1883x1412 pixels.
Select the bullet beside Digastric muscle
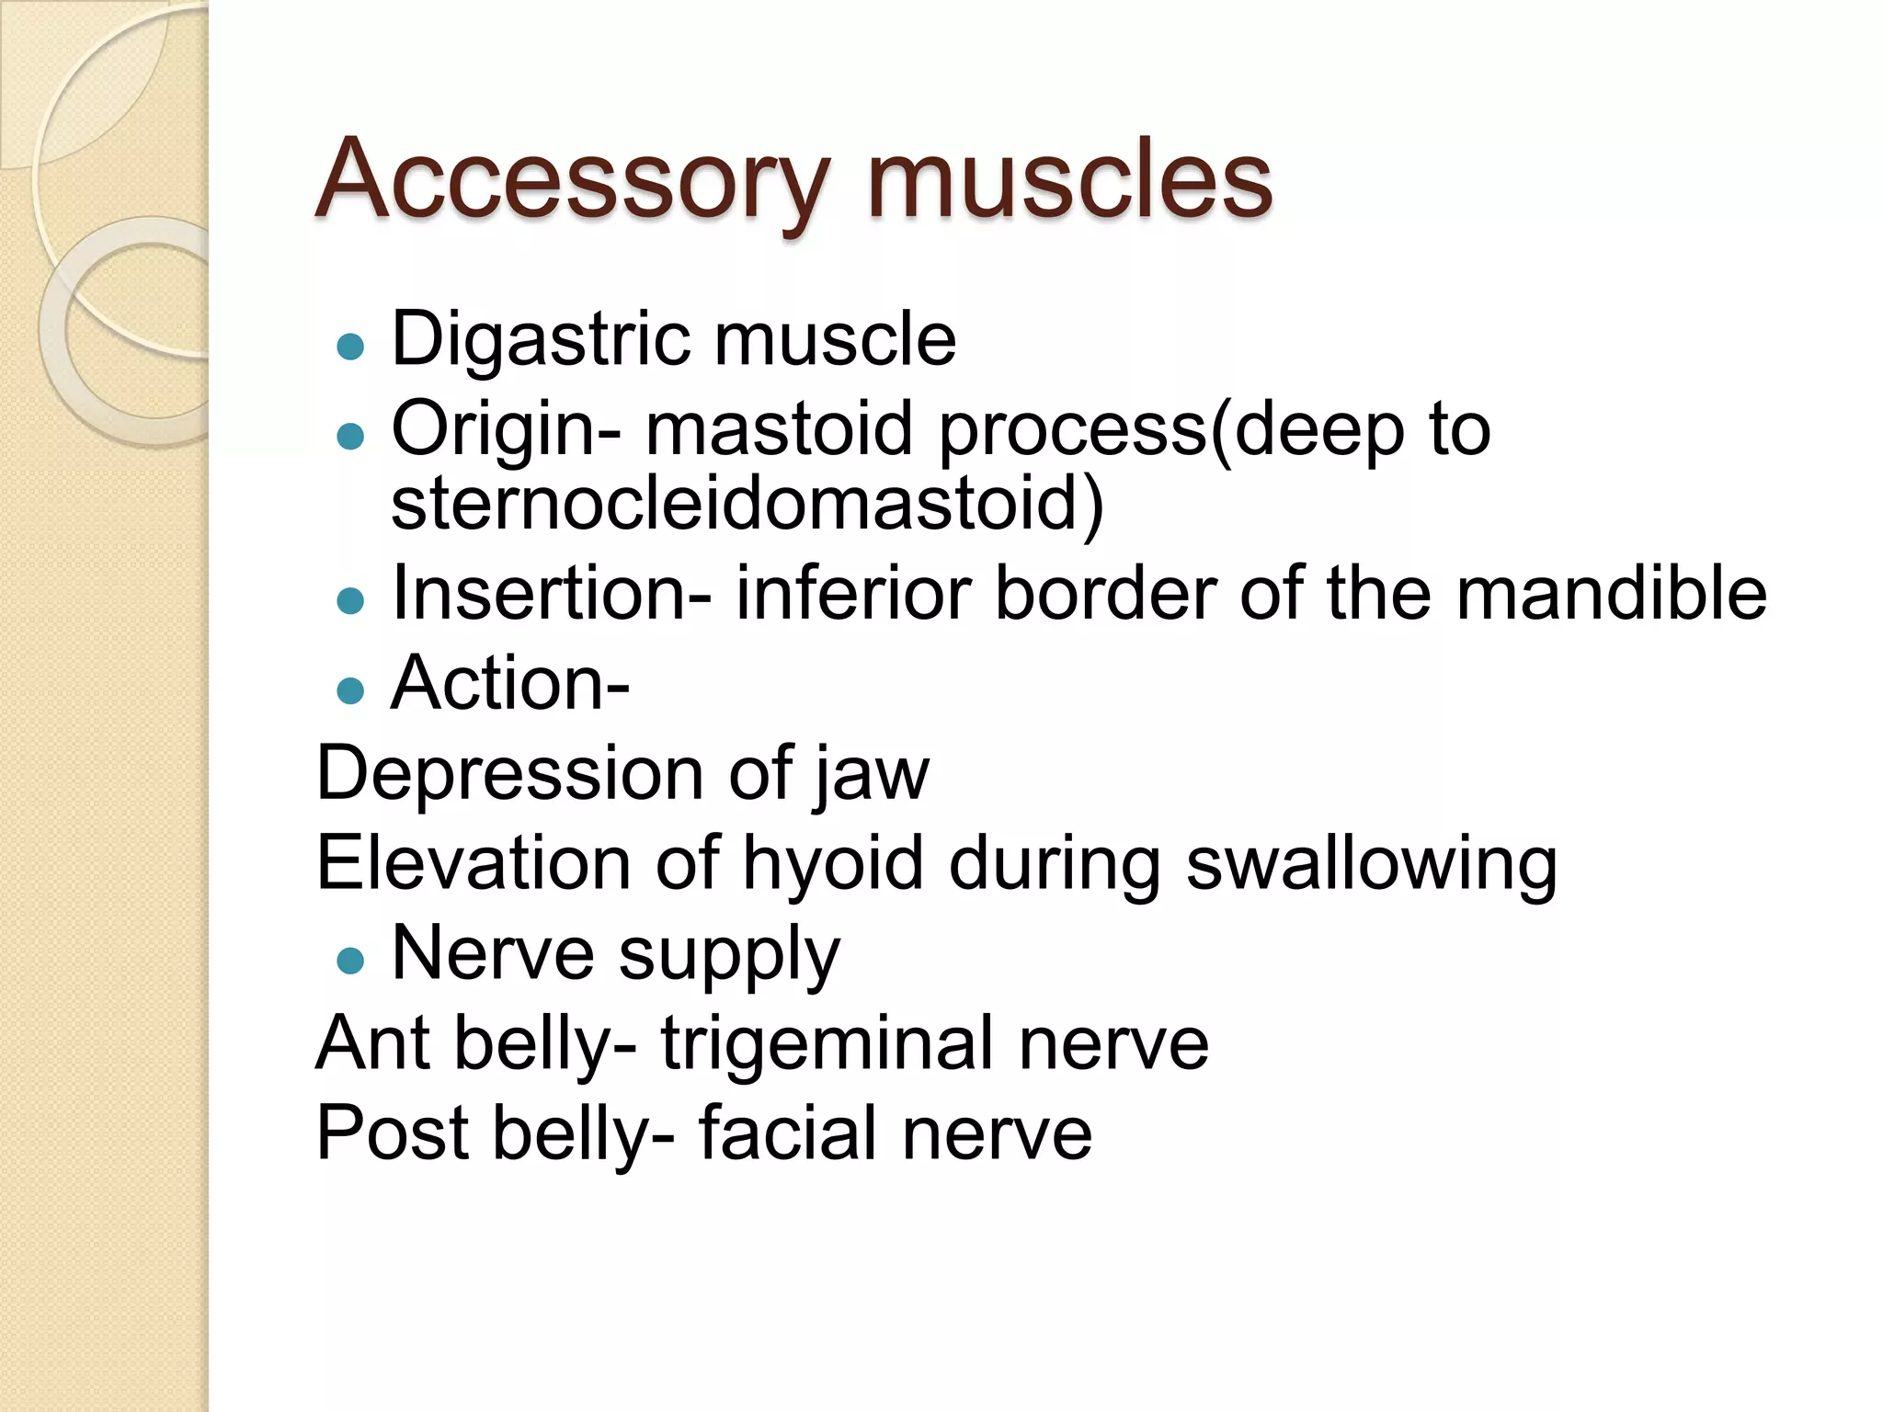pos(350,347)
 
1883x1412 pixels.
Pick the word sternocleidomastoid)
pos(747,503)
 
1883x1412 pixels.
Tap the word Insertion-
pos(552,594)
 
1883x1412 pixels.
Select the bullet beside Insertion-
pos(350,601)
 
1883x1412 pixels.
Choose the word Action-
pos(510,684)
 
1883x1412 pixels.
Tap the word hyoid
pos(832,864)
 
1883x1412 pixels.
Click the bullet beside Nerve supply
pos(350,962)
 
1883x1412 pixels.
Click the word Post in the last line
pos(392,1133)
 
